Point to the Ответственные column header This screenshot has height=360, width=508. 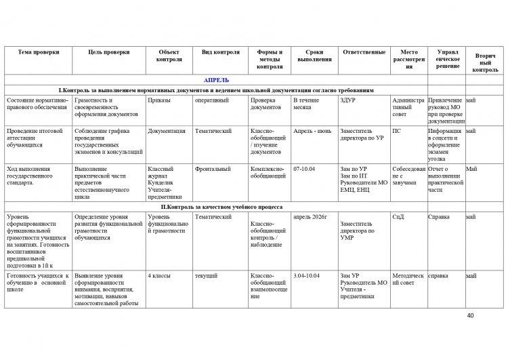click(364, 52)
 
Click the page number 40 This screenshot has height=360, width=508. click(471, 316)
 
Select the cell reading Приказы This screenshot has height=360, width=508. click(158, 100)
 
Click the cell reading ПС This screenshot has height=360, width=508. click(397, 130)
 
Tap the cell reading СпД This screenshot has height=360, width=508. click(399, 217)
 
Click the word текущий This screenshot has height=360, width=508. click(206, 276)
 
